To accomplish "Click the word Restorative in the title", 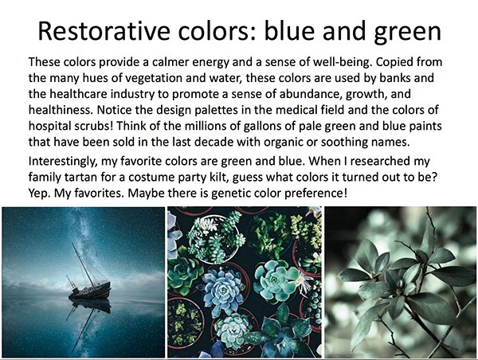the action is [104, 31].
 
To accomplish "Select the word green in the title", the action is [408, 33].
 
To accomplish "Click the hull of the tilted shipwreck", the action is [91, 291].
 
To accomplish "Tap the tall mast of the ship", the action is [83, 264].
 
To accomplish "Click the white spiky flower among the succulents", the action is [303, 281].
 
